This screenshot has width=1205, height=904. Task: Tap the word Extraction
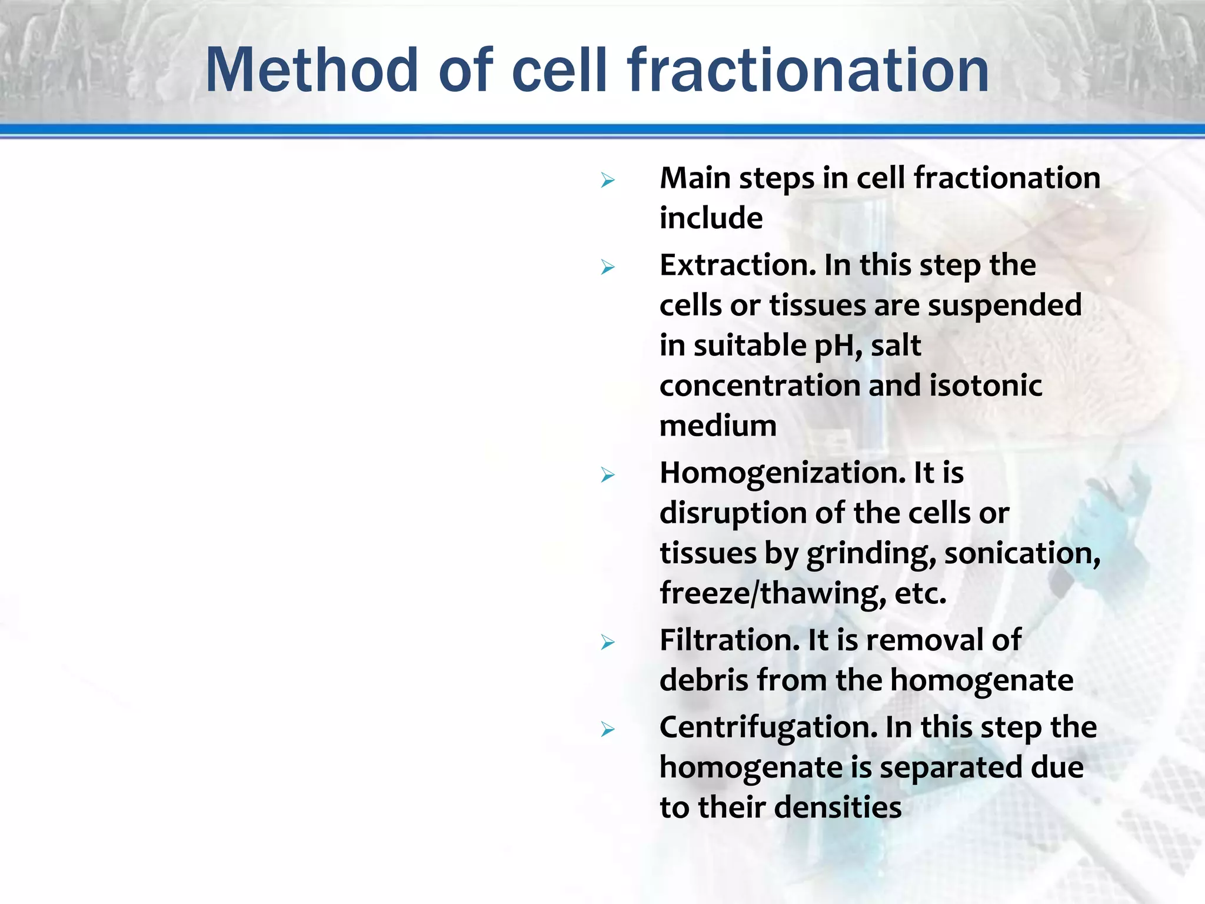[737, 265]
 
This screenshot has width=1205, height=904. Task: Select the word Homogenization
[782, 473]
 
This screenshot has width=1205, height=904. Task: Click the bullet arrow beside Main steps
[608, 180]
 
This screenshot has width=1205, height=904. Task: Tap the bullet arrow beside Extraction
[608, 268]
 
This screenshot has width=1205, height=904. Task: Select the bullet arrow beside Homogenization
[608, 475]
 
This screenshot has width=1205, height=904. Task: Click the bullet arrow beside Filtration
[608, 642]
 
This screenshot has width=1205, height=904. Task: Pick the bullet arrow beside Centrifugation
[608, 730]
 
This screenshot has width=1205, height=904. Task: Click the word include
[711, 218]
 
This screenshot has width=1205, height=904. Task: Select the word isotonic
[986, 385]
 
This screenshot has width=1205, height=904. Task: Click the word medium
[718, 426]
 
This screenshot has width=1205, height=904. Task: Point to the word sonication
[1022, 553]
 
